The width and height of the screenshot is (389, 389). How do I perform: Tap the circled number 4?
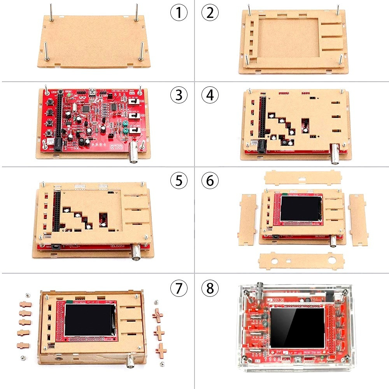[210, 95]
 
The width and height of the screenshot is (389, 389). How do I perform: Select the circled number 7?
[179, 288]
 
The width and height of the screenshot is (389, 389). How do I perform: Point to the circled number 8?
[210, 288]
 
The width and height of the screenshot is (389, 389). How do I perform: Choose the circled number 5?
[179, 180]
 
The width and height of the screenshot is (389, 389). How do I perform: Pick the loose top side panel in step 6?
[303, 178]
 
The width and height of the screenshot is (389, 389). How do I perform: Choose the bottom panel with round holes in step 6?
[301, 261]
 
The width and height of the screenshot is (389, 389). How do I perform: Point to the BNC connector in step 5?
[137, 252]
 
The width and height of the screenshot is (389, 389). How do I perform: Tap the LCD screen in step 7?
[89, 321]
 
